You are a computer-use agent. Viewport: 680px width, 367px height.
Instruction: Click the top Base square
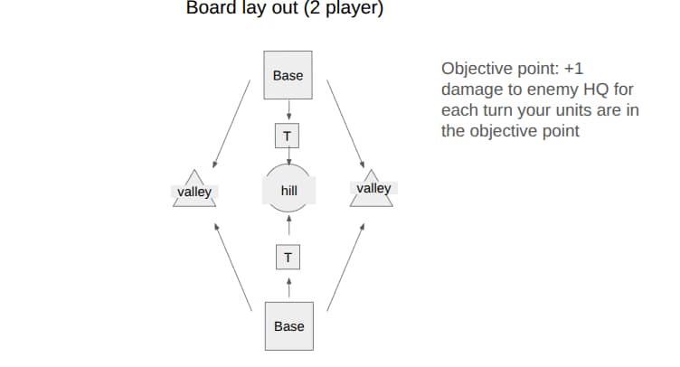[x=288, y=75]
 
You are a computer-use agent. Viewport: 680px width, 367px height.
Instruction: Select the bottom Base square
[x=289, y=325]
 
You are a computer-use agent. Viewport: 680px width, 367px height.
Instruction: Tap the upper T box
[x=287, y=136]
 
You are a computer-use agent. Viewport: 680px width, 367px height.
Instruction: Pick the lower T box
[x=288, y=257]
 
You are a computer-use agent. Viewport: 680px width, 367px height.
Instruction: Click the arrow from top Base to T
[x=288, y=109]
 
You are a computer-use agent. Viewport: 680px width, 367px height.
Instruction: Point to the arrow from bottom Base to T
[x=289, y=287]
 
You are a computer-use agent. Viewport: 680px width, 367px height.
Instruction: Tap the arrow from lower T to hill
[x=289, y=225]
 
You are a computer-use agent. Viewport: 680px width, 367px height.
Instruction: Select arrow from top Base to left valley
[x=231, y=124]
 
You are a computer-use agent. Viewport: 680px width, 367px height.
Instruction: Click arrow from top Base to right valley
[x=345, y=124]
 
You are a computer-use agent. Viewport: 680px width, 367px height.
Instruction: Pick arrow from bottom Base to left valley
[x=233, y=267]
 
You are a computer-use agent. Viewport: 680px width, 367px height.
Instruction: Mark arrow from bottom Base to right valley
[x=345, y=267]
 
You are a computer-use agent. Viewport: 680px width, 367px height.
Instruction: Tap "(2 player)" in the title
[x=344, y=8]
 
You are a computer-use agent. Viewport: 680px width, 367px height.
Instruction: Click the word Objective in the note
[x=477, y=69]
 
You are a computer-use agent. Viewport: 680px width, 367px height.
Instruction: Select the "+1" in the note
[x=573, y=69]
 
